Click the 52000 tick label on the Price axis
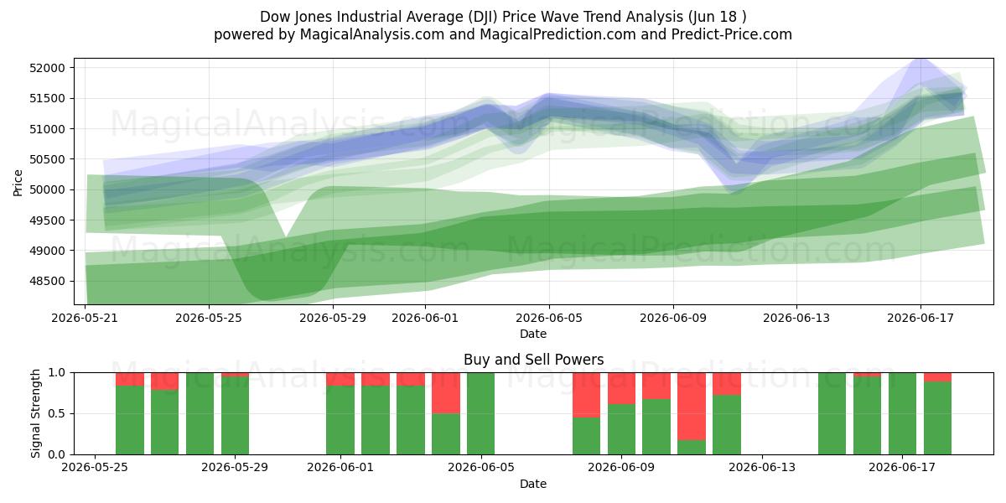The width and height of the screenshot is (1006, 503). click(47, 68)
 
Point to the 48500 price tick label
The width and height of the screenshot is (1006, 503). click(47, 281)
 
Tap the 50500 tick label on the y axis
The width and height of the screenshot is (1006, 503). click(47, 159)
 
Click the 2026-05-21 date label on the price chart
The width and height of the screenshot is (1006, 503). click(85, 318)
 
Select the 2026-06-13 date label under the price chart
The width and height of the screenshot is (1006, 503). click(796, 318)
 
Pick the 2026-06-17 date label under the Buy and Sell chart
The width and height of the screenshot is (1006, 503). click(902, 468)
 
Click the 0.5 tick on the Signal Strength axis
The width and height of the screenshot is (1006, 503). click(57, 413)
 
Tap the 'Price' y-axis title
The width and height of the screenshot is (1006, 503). click(18, 183)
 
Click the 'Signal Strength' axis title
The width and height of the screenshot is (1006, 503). click(35, 413)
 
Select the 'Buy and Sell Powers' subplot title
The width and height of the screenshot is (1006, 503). click(533, 360)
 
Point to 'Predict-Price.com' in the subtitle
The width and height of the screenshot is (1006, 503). click(732, 34)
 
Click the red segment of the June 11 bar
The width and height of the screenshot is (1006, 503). click(692, 407)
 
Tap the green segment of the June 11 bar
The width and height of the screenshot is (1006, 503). click(692, 448)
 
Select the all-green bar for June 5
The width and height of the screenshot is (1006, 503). click(480, 413)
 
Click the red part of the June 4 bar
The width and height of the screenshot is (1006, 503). click(446, 393)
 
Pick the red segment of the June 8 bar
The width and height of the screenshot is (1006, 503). click(586, 395)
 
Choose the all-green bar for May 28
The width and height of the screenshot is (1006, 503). click(200, 413)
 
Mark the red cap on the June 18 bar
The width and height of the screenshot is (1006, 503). click(937, 377)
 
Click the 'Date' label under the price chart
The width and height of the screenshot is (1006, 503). click(533, 334)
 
